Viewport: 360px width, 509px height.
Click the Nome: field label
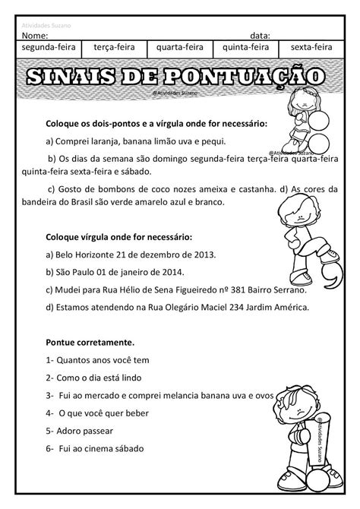(36, 36)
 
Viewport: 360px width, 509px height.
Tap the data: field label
(260, 36)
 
